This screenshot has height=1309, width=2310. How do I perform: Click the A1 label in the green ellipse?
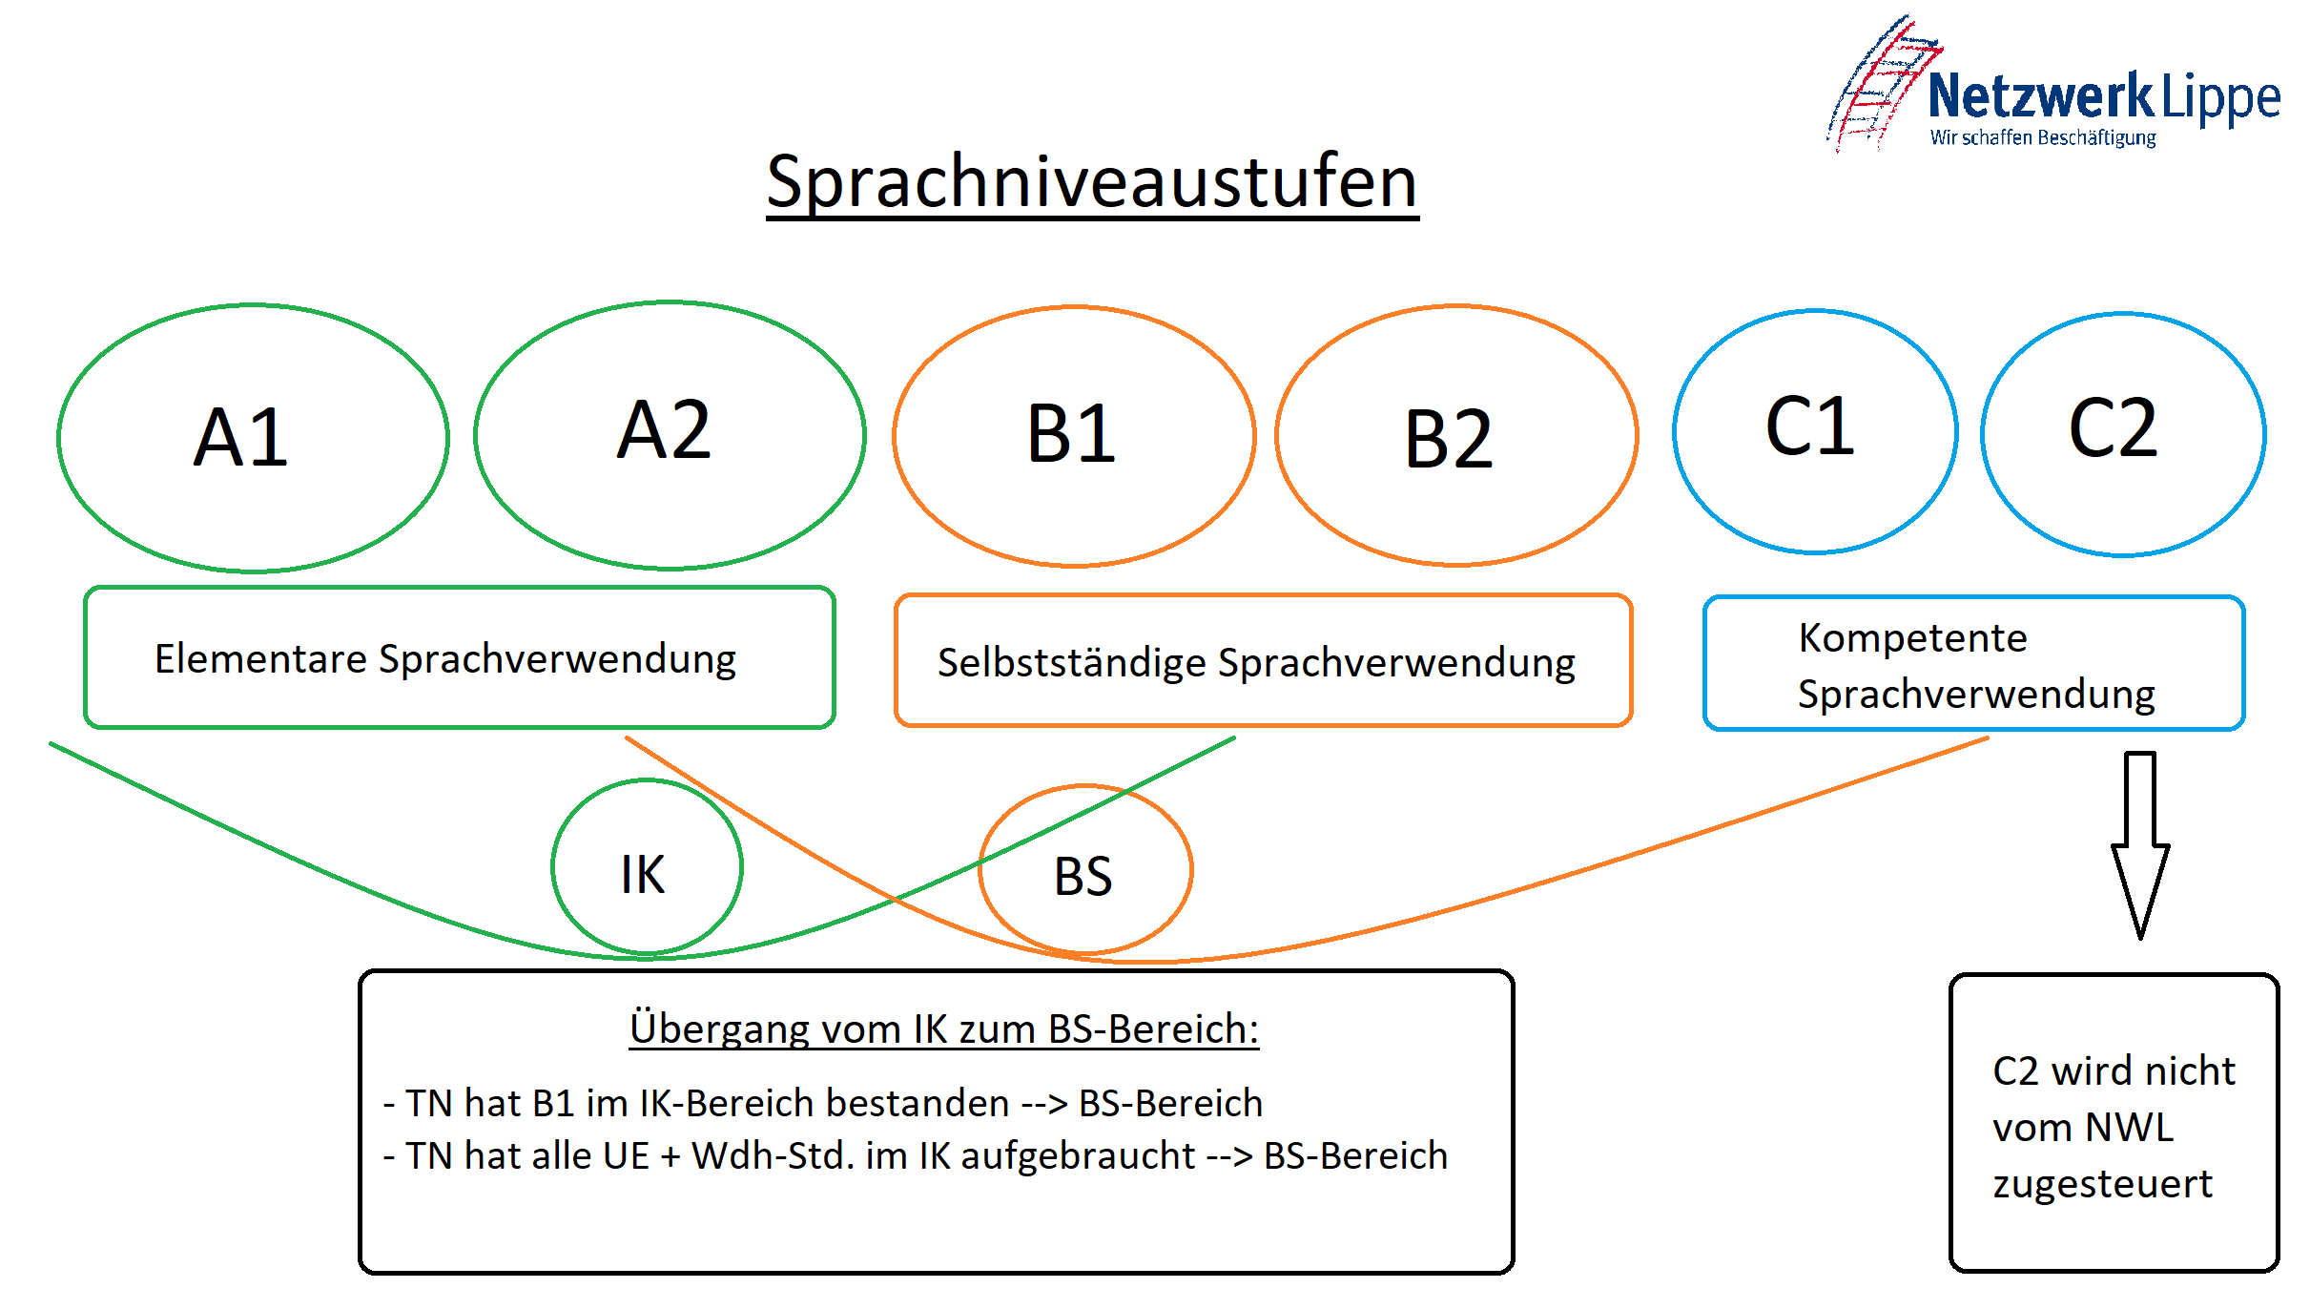(x=240, y=437)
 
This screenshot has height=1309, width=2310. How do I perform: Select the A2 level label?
(x=664, y=429)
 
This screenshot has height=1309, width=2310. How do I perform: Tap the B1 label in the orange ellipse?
(x=1071, y=434)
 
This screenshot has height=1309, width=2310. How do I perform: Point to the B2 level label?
(x=1448, y=440)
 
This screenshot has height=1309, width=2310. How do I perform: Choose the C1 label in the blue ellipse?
(x=1809, y=426)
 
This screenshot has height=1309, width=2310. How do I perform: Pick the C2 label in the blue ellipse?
(x=2113, y=428)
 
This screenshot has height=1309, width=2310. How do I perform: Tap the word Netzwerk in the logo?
(x=2040, y=95)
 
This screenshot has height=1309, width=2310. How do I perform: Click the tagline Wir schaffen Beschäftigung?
(x=2043, y=138)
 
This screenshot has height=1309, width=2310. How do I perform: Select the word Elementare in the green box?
(x=260, y=658)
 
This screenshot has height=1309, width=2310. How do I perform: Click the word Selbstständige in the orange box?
(x=1072, y=663)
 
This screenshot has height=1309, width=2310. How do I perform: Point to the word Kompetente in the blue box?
(x=1912, y=637)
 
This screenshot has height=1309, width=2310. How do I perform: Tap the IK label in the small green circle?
(x=643, y=874)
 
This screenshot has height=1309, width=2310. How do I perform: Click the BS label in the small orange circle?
(x=1083, y=876)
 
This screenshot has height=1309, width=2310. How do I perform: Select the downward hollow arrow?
(x=2140, y=845)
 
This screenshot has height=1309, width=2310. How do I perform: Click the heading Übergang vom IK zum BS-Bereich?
(x=944, y=1029)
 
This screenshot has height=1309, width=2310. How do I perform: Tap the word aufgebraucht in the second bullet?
(x=1078, y=1156)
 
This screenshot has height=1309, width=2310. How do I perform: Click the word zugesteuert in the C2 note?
(x=2102, y=1184)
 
